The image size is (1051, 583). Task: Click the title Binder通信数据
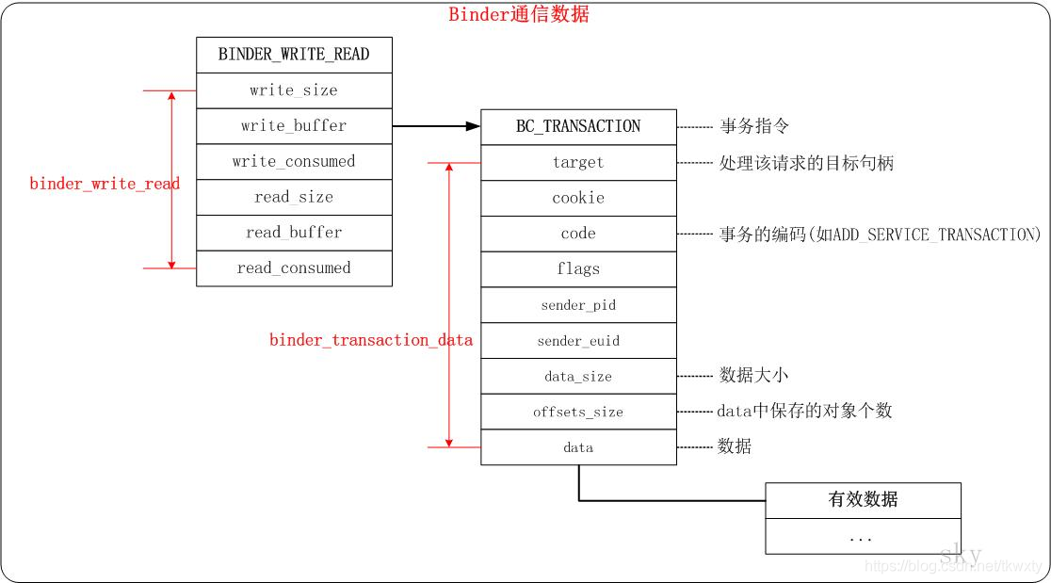point(519,14)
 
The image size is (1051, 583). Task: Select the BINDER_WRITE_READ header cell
point(294,55)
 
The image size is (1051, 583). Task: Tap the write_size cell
point(294,90)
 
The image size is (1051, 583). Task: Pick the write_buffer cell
point(294,126)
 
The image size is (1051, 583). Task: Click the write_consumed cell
point(294,161)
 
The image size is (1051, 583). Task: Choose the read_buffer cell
point(294,233)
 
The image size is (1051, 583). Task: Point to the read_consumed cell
point(294,268)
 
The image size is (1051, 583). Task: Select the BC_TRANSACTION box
point(578,127)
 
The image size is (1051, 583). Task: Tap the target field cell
point(578,163)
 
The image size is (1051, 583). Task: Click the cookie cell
point(578,198)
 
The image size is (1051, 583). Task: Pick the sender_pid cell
point(578,305)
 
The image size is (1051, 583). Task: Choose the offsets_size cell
point(578,412)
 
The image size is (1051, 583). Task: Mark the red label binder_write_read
point(105,184)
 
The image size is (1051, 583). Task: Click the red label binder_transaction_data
point(371,340)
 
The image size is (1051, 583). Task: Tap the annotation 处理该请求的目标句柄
point(806,163)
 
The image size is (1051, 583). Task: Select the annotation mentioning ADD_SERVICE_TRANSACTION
point(880,235)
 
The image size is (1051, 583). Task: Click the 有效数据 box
point(863,500)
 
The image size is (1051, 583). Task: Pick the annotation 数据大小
point(753,376)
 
